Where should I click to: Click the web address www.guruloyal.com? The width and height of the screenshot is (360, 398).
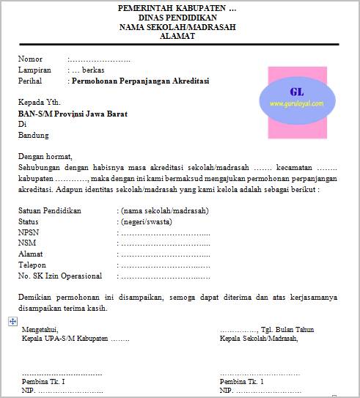(x=296, y=104)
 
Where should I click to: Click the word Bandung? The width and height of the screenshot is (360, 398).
(x=34, y=135)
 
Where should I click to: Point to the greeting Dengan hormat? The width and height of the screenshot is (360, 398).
(x=46, y=156)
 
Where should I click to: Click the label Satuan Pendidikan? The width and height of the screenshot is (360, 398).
(x=50, y=210)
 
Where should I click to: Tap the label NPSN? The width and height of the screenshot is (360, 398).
(x=30, y=232)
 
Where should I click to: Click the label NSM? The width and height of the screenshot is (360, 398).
(x=28, y=243)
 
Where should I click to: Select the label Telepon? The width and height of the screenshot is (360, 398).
(x=32, y=265)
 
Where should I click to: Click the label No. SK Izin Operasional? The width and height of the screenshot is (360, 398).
(x=60, y=276)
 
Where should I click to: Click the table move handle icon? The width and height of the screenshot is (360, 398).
(x=12, y=321)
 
